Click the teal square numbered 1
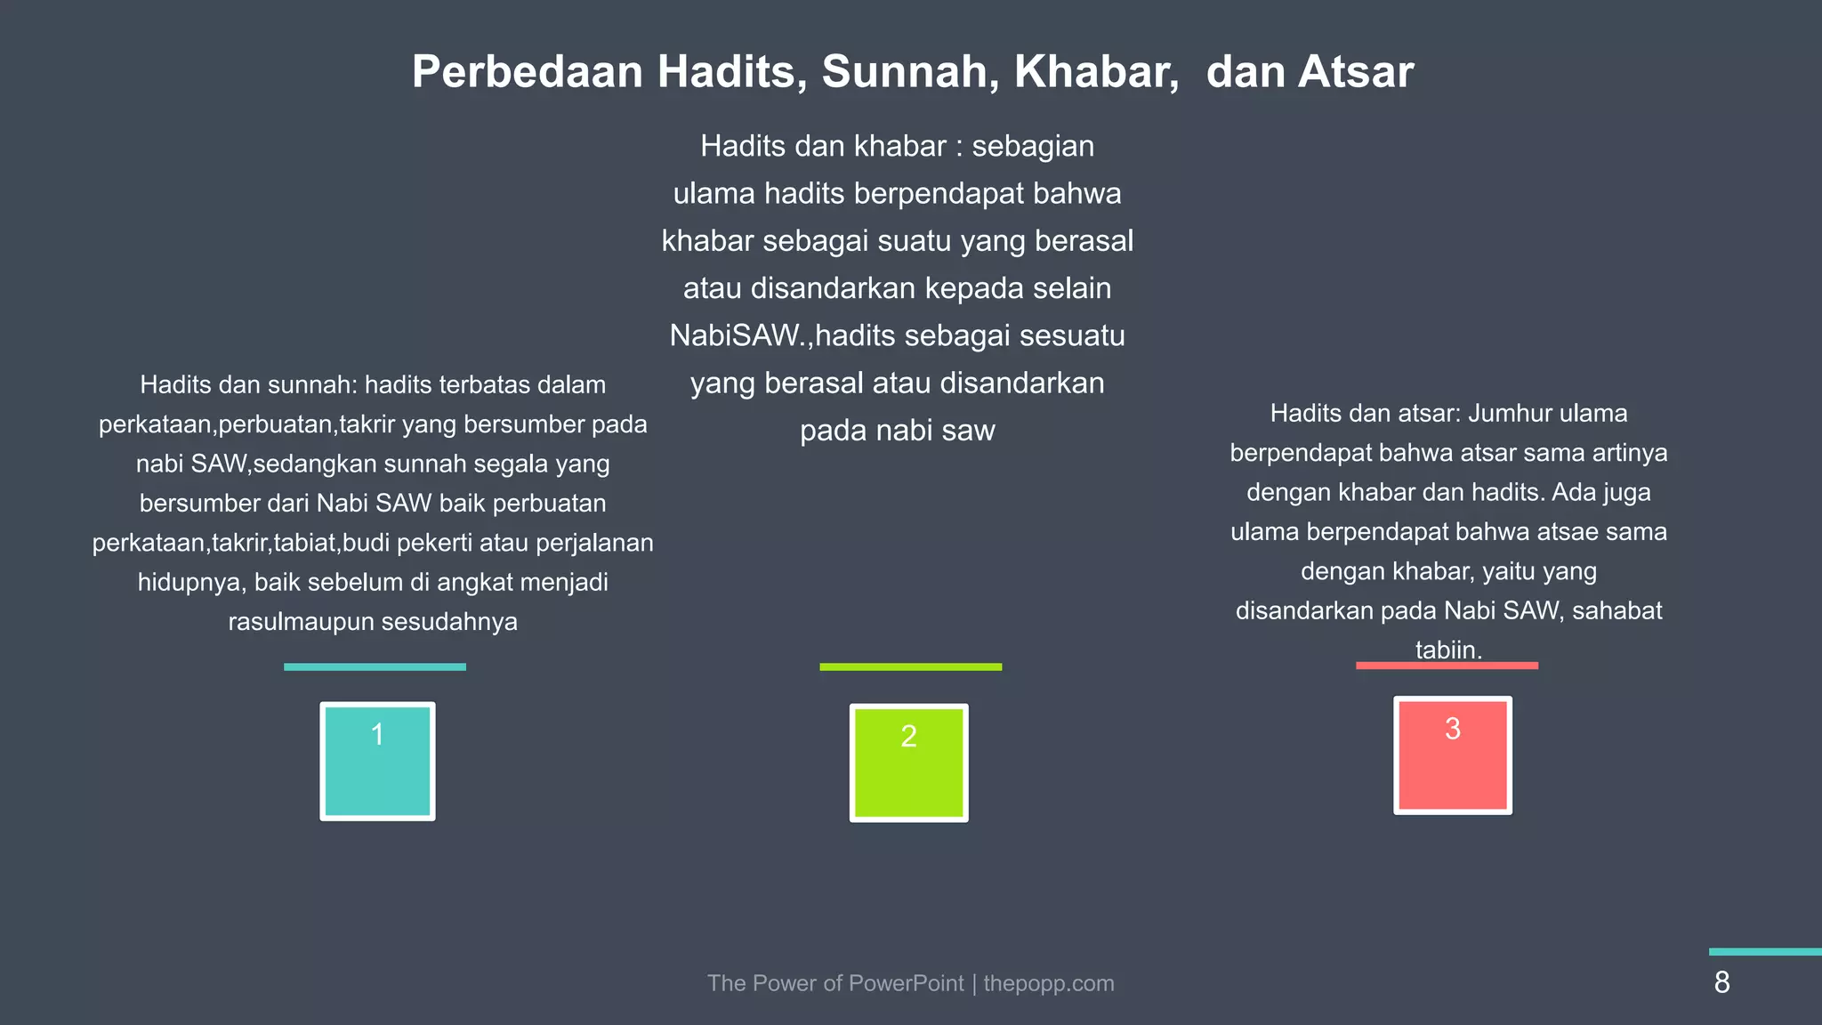(377, 762)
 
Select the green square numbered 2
(908, 763)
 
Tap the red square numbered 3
(1452, 755)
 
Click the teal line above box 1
(375, 666)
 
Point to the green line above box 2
(910, 666)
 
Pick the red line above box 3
(1447, 666)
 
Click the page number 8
(1721, 982)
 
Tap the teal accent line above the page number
(1765, 952)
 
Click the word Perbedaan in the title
(527, 72)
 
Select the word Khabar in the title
(1096, 72)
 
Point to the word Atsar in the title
(1355, 72)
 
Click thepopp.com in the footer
(1048, 983)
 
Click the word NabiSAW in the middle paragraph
(737, 335)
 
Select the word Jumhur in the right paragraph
(1509, 413)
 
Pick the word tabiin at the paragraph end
(1447, 650)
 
